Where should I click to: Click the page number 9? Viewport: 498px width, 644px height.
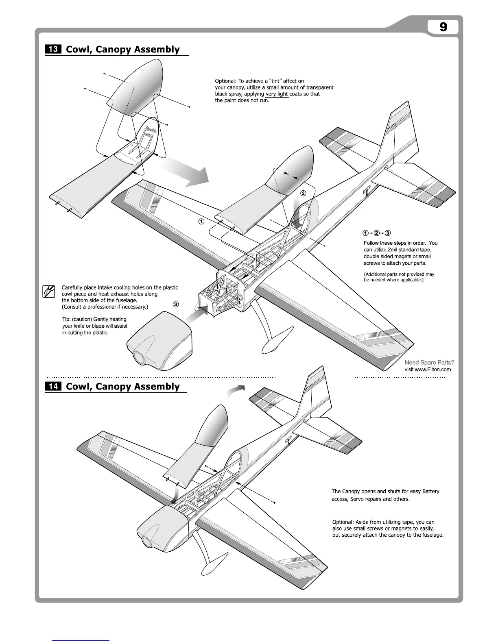point(443,27)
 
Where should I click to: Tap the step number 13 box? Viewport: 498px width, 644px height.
point(53,49)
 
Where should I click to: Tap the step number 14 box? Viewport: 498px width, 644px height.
point(53,386)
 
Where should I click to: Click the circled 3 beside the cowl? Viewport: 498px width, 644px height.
point(175,304)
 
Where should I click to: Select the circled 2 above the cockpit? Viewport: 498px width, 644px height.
point(303,193)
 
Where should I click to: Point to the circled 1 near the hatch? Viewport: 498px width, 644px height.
point(201,221)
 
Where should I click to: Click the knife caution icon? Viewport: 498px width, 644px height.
point(49,292)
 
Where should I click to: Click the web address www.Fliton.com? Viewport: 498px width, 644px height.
point(428,369)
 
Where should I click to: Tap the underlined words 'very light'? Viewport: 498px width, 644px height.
point(277,94)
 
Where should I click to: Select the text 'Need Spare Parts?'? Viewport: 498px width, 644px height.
point(429,362)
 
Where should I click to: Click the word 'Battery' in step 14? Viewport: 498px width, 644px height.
point(430,491)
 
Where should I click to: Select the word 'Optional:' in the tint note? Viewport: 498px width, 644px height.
point(225,81)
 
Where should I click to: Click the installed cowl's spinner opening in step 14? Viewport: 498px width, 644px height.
point(146,542)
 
